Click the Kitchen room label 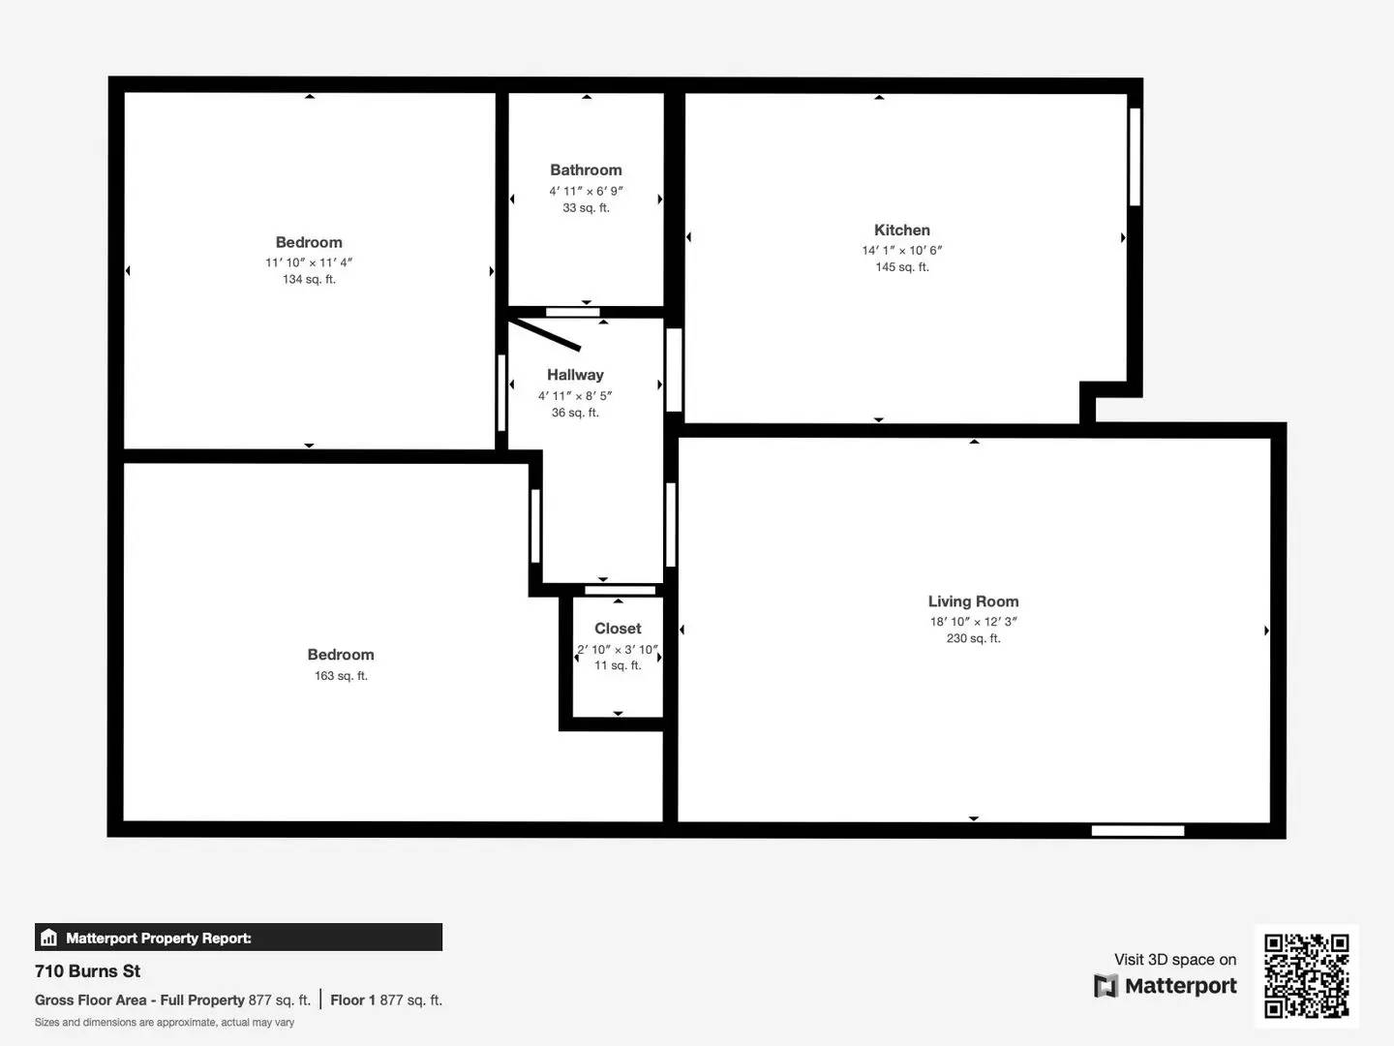[x=901, y=231]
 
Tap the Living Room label [x=973, y=601]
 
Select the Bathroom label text [x=586, y=170]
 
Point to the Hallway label [x=575, y=375]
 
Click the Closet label [x=618, y=629]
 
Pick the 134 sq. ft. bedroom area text [x=309, y=280]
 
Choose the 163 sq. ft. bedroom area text [x=341, y=676]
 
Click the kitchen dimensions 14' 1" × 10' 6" [x=901, y=250]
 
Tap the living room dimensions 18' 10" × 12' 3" [x=973, y=622]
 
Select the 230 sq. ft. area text [x=973, y=638]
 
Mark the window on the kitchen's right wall [x=1135, y=157]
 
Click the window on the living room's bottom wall [x=1137, y=830]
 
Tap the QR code [x=1306, y=975]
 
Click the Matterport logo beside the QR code [x=1166, y=986]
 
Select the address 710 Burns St [x=88, y=971]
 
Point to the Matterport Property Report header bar [x=238, y=938]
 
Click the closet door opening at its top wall [x=621, y=590]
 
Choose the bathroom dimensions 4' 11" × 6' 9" [x=586, y=191]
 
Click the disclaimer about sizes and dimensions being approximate [x=165, y=1023]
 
